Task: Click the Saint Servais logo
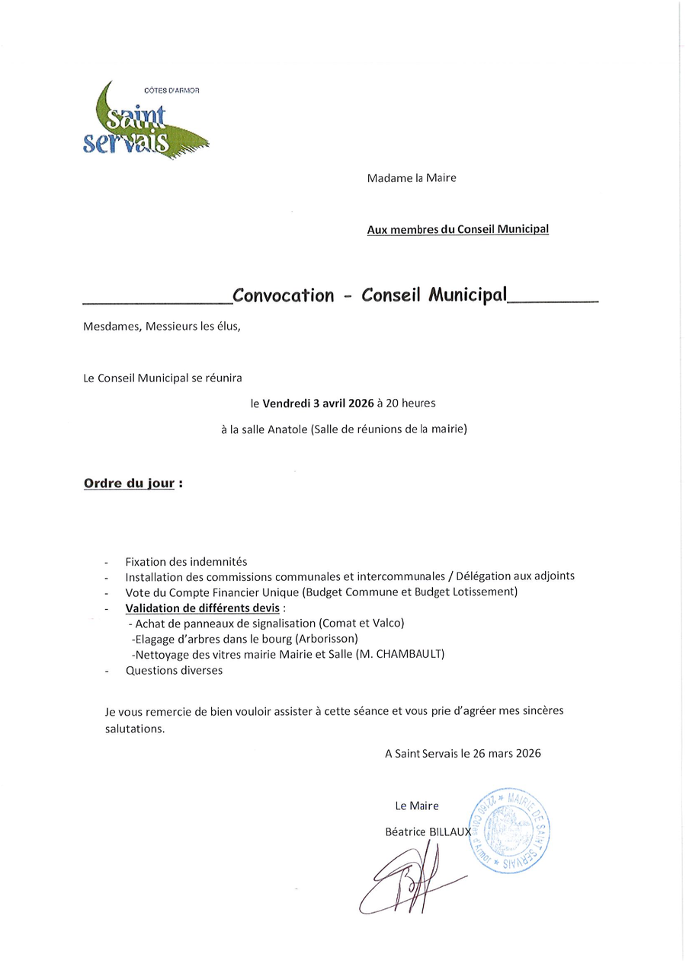144,122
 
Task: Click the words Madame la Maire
412,178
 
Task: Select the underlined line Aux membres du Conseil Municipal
457,228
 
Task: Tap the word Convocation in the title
283,295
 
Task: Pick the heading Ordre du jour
129,483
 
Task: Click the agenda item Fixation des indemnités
186,561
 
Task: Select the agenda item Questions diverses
174,670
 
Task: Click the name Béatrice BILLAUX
428,832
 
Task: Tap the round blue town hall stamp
511,830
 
